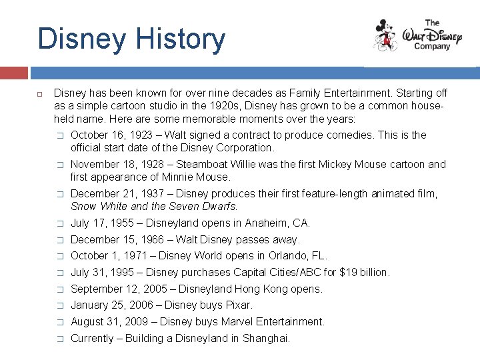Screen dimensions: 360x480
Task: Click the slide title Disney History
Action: click(x=131, y=39)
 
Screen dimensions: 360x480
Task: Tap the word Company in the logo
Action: click(x=432, y=47)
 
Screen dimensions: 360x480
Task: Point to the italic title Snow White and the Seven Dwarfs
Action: click(x=154, y=207)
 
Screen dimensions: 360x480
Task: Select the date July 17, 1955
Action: click(x=101, y=223)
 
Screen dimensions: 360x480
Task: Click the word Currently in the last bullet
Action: click(x=92, y=339)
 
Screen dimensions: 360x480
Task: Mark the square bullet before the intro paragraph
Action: click(x=40, y=94)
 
